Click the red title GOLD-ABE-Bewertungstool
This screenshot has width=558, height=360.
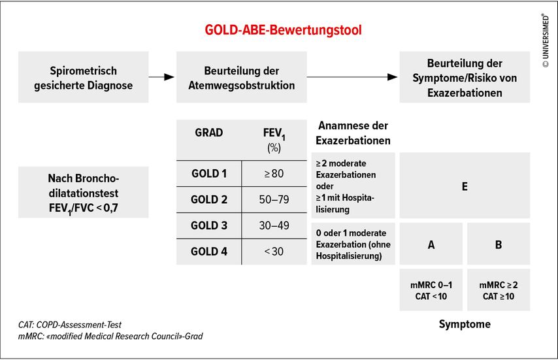[x=283, y=30]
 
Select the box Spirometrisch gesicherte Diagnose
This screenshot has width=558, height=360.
[x=83, y=77]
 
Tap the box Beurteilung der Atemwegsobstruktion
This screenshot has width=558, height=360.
[x=242, y=77]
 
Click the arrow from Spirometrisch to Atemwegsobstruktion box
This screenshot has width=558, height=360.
[x=161, y=77]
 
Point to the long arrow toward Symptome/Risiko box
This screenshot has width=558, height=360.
[x=352, y=77]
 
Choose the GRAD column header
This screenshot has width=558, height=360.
[x=209, y=133]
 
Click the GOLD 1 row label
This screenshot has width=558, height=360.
[x=209, y=174]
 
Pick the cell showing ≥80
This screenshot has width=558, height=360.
[x=274, y=174]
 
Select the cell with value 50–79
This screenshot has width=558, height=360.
[x=274, y=199]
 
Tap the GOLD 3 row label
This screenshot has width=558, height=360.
[x=209, y=225]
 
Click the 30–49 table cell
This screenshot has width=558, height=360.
[x=274, y=225]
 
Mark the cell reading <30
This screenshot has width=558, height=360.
[x=274, y=252]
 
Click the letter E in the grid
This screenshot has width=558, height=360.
[x=465, y=187]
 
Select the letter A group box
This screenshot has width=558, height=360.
[x=431, y=244]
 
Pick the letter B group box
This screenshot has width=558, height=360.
[x=499, y=244]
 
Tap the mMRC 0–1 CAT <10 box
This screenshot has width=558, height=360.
[x=431, y=290]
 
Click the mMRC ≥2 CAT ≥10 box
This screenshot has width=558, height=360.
[x=499, y=290]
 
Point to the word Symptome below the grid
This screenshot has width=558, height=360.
[x=465, y=324]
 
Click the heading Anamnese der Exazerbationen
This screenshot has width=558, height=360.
[x=353, y=133]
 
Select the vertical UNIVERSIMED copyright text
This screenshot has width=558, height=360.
[x=546, y=41]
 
